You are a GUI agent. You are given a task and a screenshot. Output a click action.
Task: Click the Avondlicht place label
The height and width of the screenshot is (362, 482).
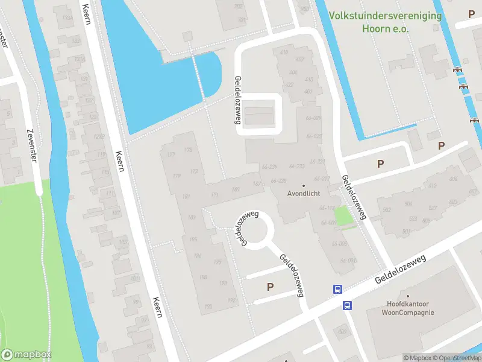pyautogui.click(x=304, y=194)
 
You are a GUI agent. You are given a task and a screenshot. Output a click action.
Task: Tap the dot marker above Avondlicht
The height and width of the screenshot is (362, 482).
pyautogui.click(x=304, y=185)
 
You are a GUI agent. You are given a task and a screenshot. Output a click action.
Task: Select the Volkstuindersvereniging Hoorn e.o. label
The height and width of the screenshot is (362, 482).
pyautogui.click(x=386, y=22)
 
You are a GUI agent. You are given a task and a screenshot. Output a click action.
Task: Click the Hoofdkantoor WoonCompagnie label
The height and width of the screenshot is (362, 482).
pyautogui.click(x=408, y=308)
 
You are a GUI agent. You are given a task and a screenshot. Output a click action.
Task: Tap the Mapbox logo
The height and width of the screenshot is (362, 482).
pyautogui.click(x=26, y=355)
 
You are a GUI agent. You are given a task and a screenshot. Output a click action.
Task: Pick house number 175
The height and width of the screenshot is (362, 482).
pyautogui.click(x=188, y=150)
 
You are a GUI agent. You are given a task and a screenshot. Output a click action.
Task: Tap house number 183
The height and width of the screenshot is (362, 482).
pyautogui.click(x=192, y=217)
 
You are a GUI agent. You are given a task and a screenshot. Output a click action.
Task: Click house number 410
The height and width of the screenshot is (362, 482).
pyautogui.click(x=284, y=52)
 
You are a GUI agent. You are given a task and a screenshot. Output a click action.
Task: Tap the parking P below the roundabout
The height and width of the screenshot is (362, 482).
pyautogui.click(x=270, y=287)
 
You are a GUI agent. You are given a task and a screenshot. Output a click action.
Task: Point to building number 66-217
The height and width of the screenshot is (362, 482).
pyautogui.click(x=322, y=179)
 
